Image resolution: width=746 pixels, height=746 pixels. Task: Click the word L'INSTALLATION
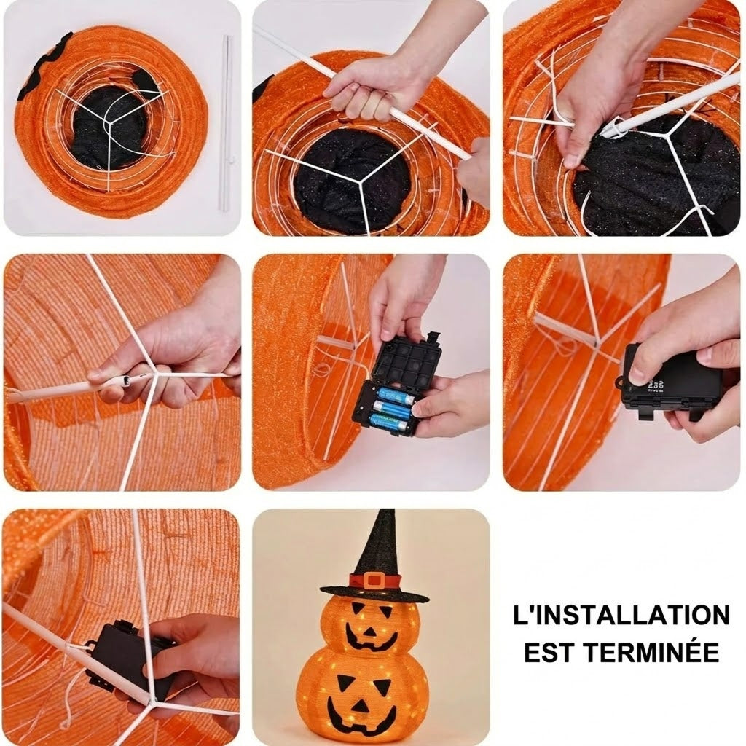[x=621, y=615]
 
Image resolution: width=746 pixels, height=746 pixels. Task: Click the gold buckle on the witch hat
[x=374, y=580]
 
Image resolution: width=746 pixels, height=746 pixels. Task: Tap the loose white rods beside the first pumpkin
[x=225, y=122]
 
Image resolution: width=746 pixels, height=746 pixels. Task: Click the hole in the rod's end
[x=127, y=380]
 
